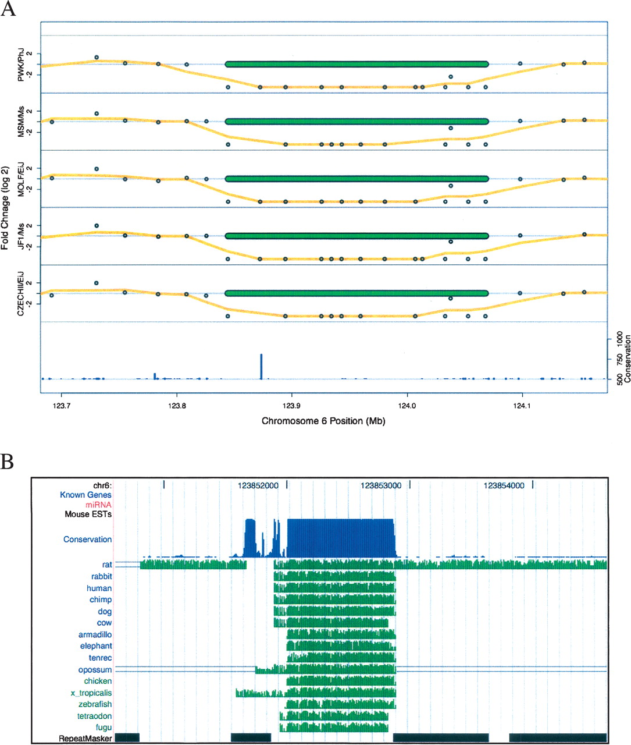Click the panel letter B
coord(8,462)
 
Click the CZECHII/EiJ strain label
coord(22,293)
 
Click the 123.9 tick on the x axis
coord(292,406)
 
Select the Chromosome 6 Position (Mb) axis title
coord(323,421)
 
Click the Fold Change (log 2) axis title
coord(5,208)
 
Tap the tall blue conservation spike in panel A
coord(261,366)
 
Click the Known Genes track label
coord(85,495)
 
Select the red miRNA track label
coord(98,505)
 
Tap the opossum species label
coord(95,669)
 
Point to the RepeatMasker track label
coord(85,739)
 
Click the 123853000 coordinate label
coord(381,485)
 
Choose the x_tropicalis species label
coord(91,693)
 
